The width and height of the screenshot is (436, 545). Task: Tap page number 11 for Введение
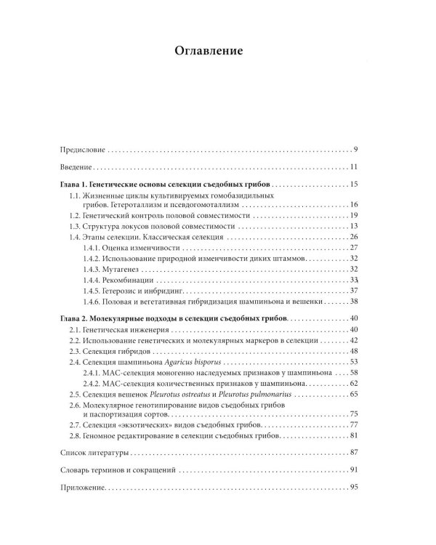pos(354,168)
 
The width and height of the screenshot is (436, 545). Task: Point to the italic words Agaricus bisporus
pos(197,361)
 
